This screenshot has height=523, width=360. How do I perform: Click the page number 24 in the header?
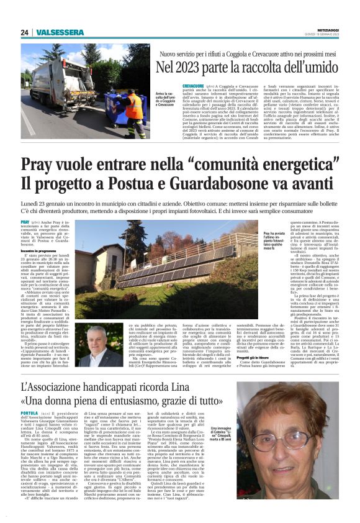[x=25, y=32]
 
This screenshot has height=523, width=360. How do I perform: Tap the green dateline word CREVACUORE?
[x=176, y=84]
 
